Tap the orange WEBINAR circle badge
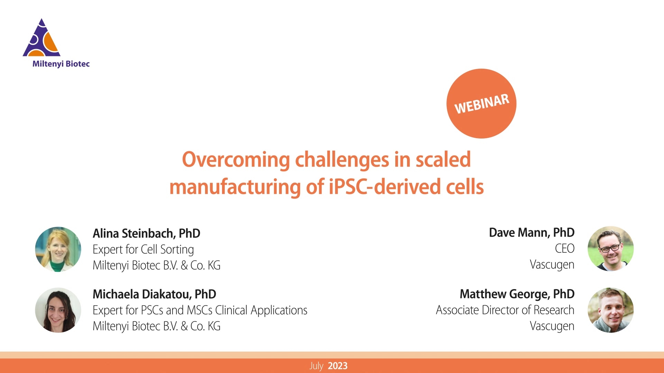tap(481, 104)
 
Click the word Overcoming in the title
tap(236, 160)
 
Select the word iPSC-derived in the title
tap(384, 187)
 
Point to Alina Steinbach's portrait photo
tap(58, 249)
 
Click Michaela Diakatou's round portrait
tap(58, 310)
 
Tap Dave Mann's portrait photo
tap(611, 249)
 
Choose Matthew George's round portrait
tap(611, 310)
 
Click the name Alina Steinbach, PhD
tap(146, 233)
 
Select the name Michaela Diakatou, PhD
tap(154, 294)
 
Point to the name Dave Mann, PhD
tap(532, 233)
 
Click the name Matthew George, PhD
tap(517, 294)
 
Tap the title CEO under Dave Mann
tap(565, 249)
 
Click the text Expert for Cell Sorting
tap(143, 250)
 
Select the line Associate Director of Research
tap(505, 310)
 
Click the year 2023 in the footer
tap(338, 366)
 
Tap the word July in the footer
tap(316, 366)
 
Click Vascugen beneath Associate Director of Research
tap(552, 326)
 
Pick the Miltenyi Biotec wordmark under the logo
tap(61, 64)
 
